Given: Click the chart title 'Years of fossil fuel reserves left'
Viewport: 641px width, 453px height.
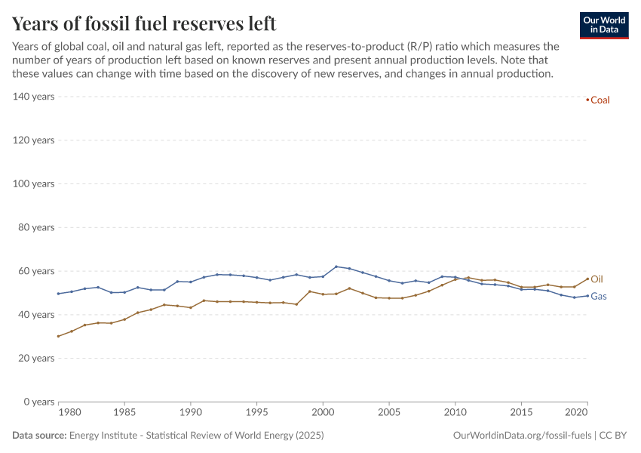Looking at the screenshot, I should (x=144, y=23).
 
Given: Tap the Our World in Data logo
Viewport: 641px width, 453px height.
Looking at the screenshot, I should (x=603, y=25).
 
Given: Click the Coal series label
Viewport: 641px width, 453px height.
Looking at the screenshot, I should (x=600, y=100).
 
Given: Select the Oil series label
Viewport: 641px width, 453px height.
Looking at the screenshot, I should (x=597, y=279).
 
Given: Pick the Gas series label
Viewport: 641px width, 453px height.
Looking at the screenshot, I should (x=599, y=297).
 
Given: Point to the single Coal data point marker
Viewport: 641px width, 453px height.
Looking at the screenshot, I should (x=587, y=100).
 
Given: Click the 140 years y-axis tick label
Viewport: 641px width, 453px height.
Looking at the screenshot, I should (x=33, y=97).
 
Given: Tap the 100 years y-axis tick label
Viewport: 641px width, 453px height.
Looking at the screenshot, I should (x=33, y=183).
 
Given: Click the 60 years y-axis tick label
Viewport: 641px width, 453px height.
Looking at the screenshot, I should (x=35, y=271).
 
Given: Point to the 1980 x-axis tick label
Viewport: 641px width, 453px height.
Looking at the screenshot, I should (x=69, y=413).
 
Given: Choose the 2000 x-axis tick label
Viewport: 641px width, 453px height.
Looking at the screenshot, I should (x=323, y=413).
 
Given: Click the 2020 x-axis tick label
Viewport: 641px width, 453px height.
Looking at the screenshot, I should (x=577, y=413).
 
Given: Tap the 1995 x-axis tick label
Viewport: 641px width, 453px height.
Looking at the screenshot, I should (x=256, y=413).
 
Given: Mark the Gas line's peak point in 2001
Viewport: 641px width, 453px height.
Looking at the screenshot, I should (x=336, y=267).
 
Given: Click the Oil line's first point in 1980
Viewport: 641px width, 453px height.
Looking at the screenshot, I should (x=58, y=336).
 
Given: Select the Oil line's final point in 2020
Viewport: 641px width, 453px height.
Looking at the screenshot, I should (x=587, y=279).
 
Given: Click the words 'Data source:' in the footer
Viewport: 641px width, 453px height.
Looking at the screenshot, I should (x=39, y=436).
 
